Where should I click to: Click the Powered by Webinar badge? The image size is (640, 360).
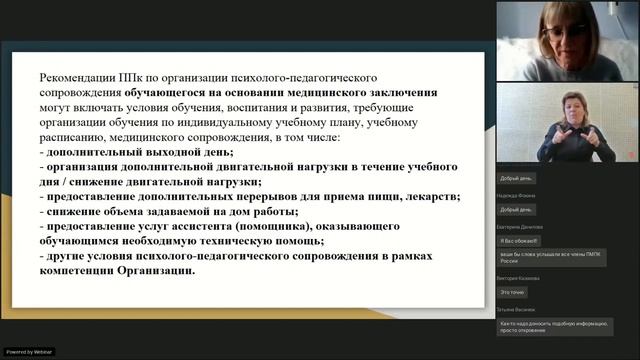pos(30,352)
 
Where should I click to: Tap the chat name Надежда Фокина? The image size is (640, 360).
pos(516,196)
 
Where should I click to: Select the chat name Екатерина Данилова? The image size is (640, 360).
pos(520,227)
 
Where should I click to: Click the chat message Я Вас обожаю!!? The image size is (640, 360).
pos(519,241)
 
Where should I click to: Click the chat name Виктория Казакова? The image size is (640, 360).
pos(519,278)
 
